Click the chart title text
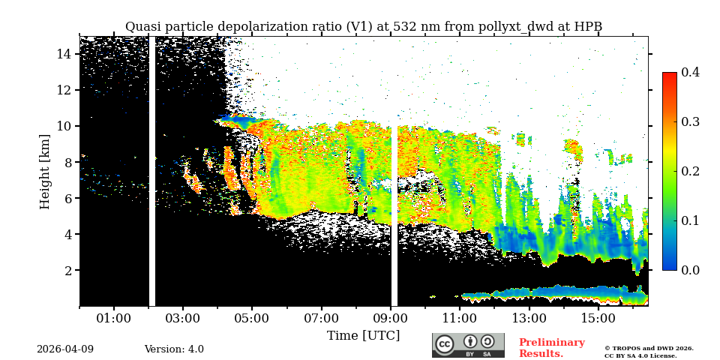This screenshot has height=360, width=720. click(x=364, y=27)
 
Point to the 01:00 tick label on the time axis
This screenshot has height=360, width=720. click(x=114, y=319)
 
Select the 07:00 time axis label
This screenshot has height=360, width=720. click(x=321, y=319)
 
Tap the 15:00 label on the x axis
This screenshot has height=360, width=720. click(x=598, y=319)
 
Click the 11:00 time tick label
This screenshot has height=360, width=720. click(x=459, y=319)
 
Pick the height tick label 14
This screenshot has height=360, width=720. click(x=63, y=54)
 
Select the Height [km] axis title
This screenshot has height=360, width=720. click(x=45, y=171)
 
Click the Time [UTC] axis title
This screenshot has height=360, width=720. click(x=364, y=336)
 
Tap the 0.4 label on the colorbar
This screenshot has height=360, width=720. click(x=691, y=72)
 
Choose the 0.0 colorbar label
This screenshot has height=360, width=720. click(x=691, y=270)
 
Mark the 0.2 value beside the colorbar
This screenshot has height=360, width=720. click(x=691, y=171)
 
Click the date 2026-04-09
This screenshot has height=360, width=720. click(x=65, y=349)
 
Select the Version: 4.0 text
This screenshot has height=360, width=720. click(x=174, y=349)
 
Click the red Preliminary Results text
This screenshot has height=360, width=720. click(x=551, y=348)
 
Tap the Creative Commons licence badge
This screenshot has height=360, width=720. click(x=468, y=345)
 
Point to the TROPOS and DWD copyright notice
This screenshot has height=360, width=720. click(x=649, y=352)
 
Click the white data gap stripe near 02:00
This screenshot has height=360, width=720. click(x=152, y=171)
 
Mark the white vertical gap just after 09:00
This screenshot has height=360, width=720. click(x=394, y=217)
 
